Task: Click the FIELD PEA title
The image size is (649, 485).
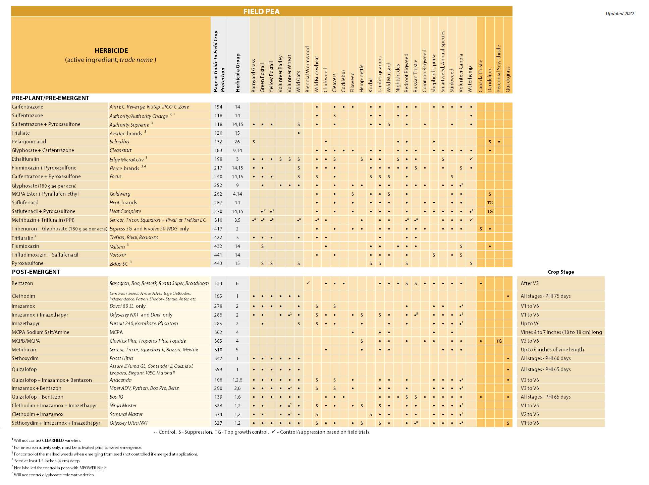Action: [x=261, y=11]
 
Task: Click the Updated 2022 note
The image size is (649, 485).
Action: [x=619, y=13]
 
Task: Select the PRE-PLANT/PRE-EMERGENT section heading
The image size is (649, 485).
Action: [x=51, y=98]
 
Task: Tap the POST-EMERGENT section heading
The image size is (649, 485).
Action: [x=36, y=272]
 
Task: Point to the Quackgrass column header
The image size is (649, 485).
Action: [x=508, y=79]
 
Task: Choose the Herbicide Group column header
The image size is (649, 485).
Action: [x=238, y=73]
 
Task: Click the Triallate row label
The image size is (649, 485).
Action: [x=21, y=133]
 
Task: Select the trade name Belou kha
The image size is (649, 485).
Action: [x=119, y=142]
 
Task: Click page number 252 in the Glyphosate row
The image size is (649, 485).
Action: [x=218, y=185]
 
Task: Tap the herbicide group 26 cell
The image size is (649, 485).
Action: [x=237, y=142]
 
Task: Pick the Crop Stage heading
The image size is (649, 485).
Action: [x=560, y=272]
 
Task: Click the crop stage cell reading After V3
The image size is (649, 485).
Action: [x=530, y=283]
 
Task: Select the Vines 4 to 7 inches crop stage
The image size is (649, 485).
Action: [x=561, y=332]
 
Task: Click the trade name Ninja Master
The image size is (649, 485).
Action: [x=123, y=406]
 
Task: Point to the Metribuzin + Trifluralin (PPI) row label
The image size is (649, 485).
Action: [x=43, y=220]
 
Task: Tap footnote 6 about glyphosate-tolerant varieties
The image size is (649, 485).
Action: [x=54, y=475]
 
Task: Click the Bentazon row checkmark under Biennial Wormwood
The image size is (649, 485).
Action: [x=308, y=283]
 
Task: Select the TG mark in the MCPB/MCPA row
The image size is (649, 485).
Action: [x=499, y=341]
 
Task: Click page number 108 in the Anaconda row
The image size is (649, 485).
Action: [x=218, y=380]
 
